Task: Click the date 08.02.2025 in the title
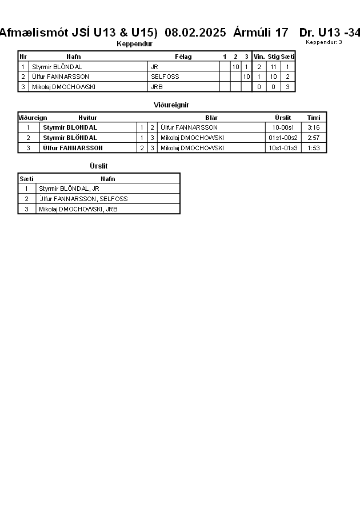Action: pos(195,33)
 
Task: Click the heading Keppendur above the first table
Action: pos(134,44)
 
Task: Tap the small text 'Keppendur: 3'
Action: pos(324,42)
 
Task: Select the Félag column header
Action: pos(183,57)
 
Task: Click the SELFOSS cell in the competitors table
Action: pos(165,77)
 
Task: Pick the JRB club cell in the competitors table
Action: pos(157,87)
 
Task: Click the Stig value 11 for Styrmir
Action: pos(273,67)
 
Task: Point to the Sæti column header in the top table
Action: pos(288,57)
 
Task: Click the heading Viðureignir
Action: pos(171,105)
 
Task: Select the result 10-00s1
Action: pos(283,127)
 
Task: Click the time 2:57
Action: pos(313,138)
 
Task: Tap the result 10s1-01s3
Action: pos(283,148)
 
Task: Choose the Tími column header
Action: pos(314,118)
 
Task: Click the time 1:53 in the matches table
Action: pos(313,148)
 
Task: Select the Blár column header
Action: pos(211,118)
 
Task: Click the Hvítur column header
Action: pos(88,118)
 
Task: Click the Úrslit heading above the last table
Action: pos(98,166)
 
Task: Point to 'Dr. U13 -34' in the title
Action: pos(330,33)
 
